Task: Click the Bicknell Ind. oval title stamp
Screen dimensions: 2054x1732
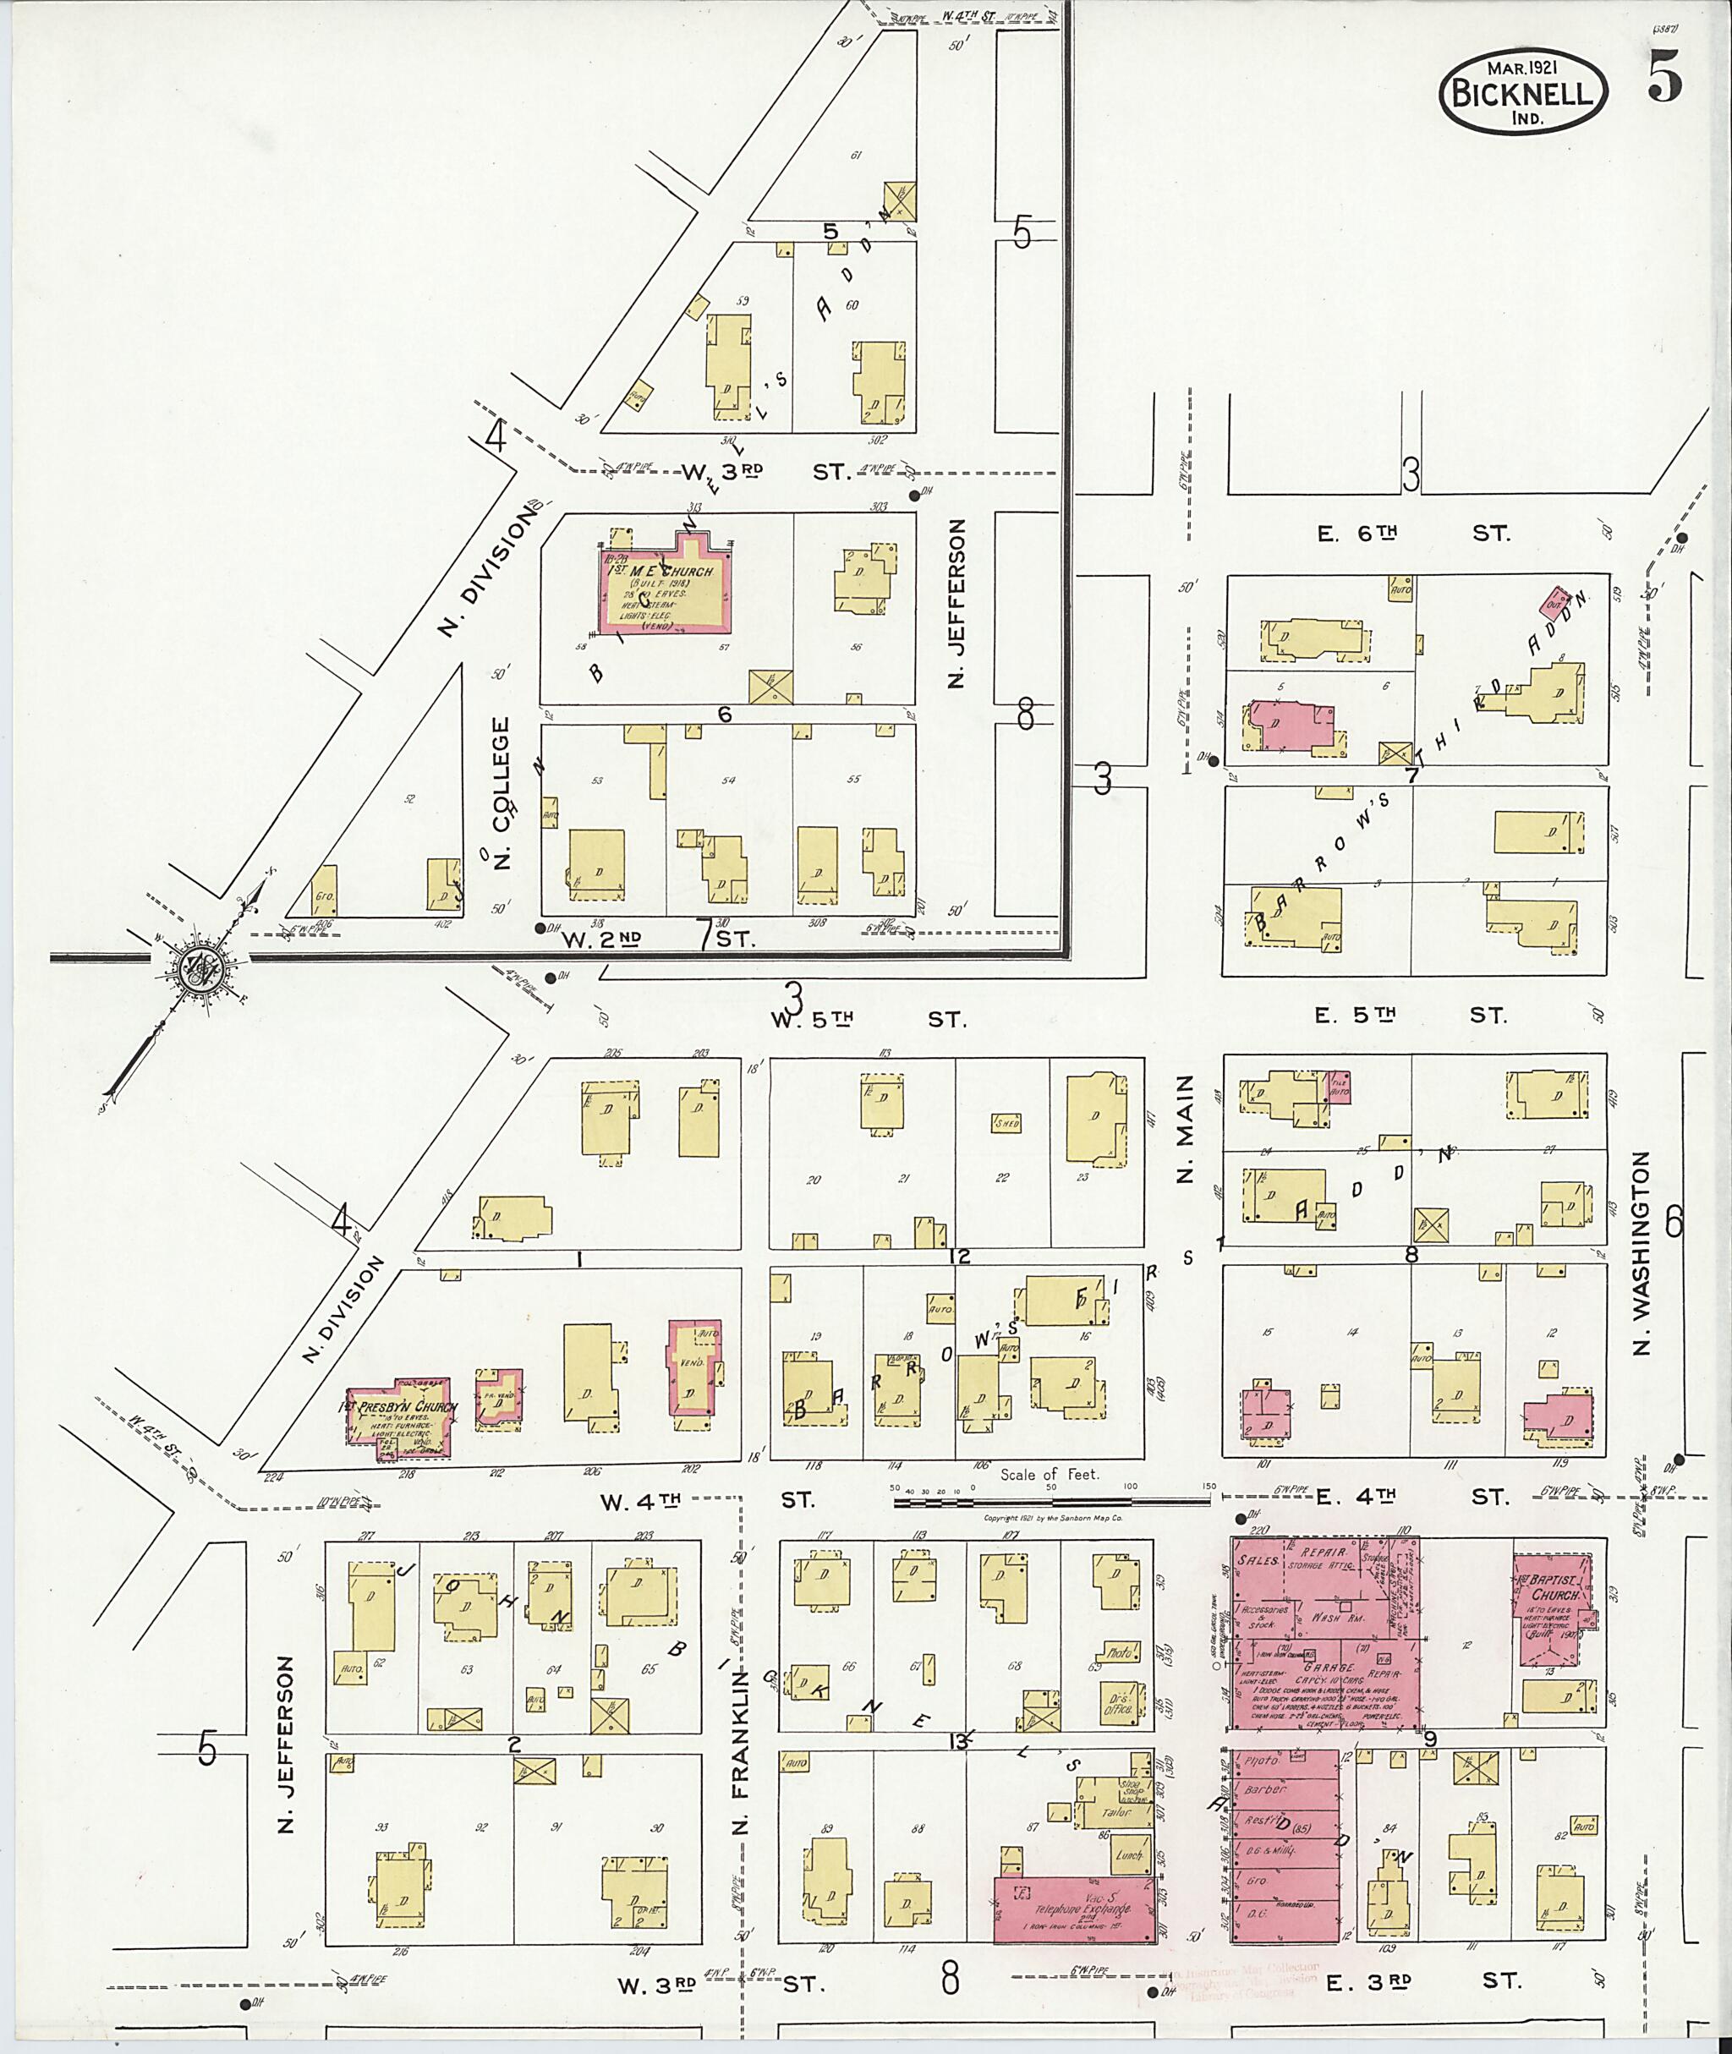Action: click(1523, 91)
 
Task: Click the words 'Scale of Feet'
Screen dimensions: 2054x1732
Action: click(1050, 1474)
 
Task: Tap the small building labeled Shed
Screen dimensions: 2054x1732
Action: click(1006, 1123)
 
